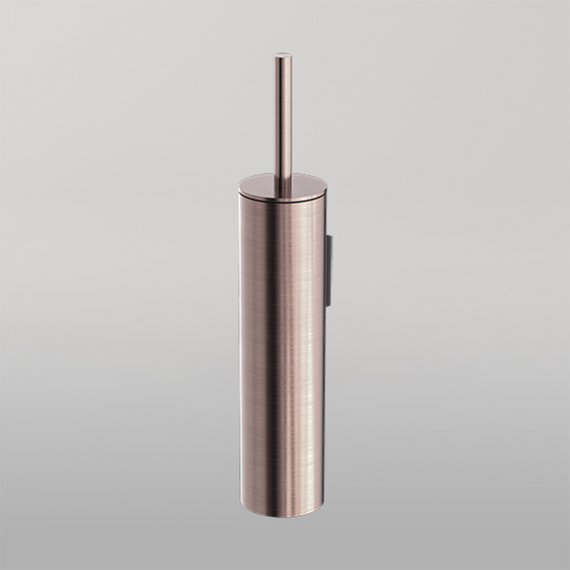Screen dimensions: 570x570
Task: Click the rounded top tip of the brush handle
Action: pos(282,57)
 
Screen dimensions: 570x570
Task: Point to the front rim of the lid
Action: pos(282,197)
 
